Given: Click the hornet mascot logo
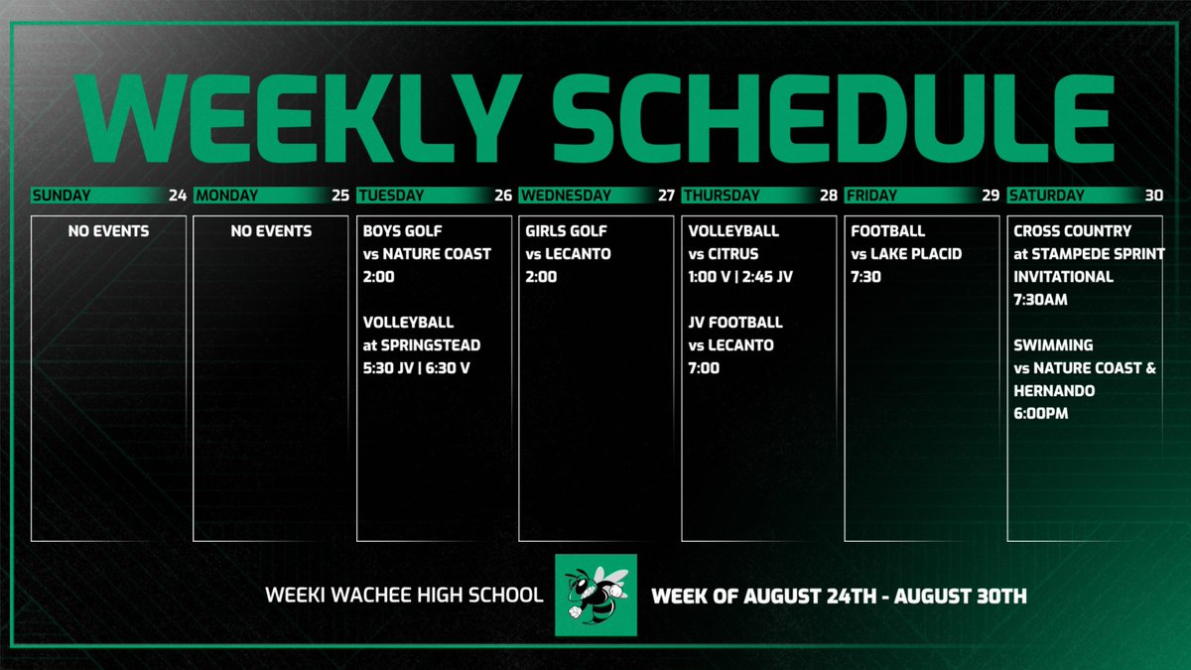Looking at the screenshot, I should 595,595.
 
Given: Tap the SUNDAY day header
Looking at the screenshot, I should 62,196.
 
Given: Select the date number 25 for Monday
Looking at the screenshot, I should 340,196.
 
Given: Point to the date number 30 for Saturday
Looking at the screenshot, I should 1153,196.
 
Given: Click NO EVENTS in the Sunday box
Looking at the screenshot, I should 108,231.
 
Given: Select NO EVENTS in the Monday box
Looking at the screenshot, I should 271,231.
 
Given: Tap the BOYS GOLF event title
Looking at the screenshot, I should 405,231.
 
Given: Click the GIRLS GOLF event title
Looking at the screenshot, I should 568,231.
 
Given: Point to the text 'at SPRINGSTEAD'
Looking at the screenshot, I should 422,345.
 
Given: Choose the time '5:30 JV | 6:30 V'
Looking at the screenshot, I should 423,368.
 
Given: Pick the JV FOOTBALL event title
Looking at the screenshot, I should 735,323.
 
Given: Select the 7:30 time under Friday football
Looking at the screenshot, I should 865,277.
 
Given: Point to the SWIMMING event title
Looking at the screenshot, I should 1053,345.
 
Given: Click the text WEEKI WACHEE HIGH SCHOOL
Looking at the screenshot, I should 404,596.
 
